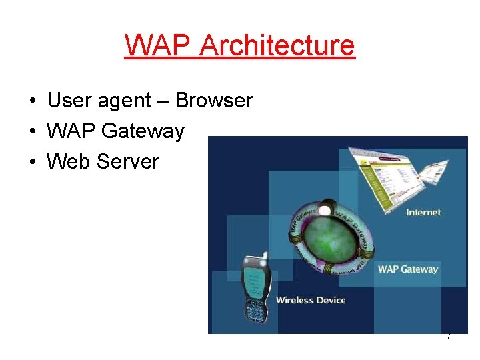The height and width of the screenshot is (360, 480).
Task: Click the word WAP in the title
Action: coord(158,45)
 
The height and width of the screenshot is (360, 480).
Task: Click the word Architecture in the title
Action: coord(277,45)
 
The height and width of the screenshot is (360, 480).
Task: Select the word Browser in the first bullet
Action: coord(214,101)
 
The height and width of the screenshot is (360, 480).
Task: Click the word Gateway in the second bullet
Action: coord(143,131)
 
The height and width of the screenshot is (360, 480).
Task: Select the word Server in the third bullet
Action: coord(128,161)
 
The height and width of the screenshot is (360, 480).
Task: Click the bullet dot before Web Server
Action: coord(32,162)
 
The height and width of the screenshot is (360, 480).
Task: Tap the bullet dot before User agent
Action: coord(32,101)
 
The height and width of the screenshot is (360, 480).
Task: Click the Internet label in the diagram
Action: coord(423,212)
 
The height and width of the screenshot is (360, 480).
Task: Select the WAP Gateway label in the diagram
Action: coord(408,269)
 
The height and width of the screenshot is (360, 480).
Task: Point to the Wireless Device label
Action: coord(311,300)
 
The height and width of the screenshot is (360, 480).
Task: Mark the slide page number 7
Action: coord(449,337)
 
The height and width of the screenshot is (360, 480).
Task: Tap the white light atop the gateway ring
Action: coord(325,211)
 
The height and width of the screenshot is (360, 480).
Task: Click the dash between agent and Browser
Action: coord(163,101)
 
